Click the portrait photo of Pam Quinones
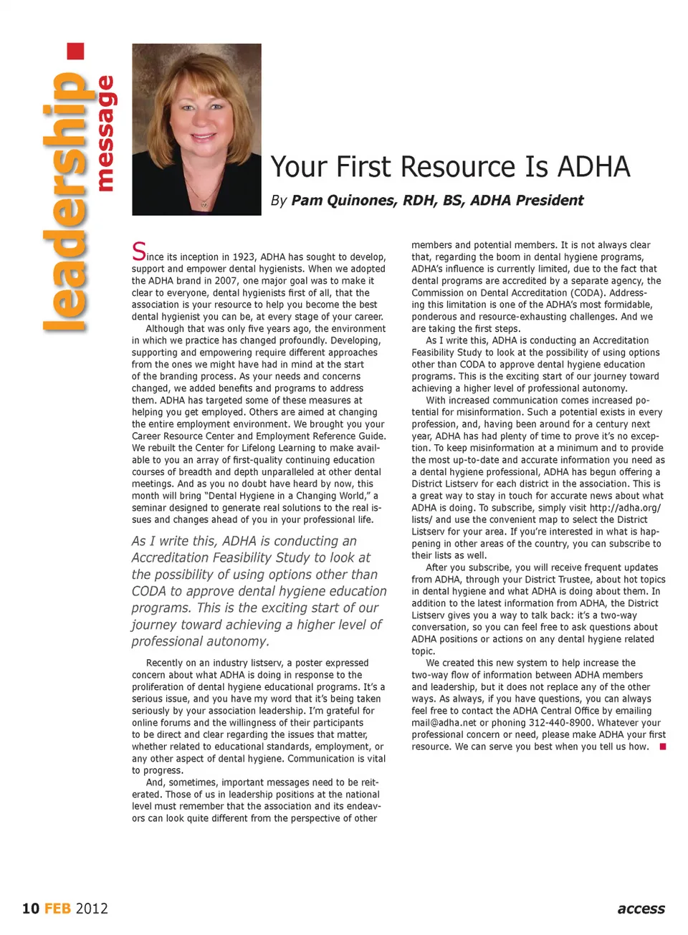tap(196, 129)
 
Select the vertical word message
tap(105, 134)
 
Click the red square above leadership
tap(75, 51)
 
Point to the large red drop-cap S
tap(138, 251)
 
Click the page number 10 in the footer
tap(31, 908)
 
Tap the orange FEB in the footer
tap(57, 908)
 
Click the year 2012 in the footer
tap(92, 908)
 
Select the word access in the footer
tap(641, 908)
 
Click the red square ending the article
tap(663, 747)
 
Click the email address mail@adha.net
tap(444, 723)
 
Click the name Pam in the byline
tap(307, 201)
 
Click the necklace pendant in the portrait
tap(204, 204)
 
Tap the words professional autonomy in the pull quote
tap(200, 641)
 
